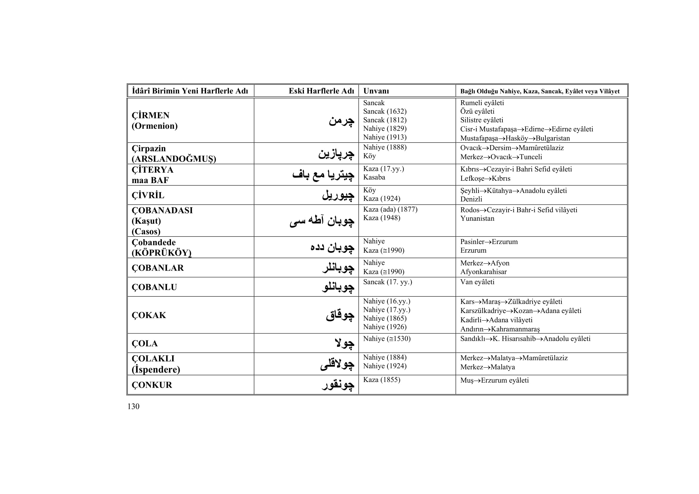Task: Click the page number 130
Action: click(133, 406)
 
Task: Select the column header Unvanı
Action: click(376, 91)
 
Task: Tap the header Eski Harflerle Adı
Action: click(321, 91)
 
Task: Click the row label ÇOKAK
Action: click(149, 315)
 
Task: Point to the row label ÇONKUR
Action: click(152, 385)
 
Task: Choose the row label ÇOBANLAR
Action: click(157, 268)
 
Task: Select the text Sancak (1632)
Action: click(385, 111)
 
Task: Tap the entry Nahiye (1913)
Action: click(385, 137)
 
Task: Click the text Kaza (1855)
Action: click(381, 380)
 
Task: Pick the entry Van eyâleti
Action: click(477, 282)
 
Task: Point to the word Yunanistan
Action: click(477, 218)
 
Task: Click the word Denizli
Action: click(471, 199)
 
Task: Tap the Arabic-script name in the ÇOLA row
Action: click(344, 343)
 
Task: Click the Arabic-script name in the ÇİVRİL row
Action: click(338, 195)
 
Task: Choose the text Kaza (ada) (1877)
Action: click(390, 209)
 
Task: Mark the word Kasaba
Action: click(374, 177)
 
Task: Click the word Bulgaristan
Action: click(553, 138)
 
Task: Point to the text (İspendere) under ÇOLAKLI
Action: click(156, 369)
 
